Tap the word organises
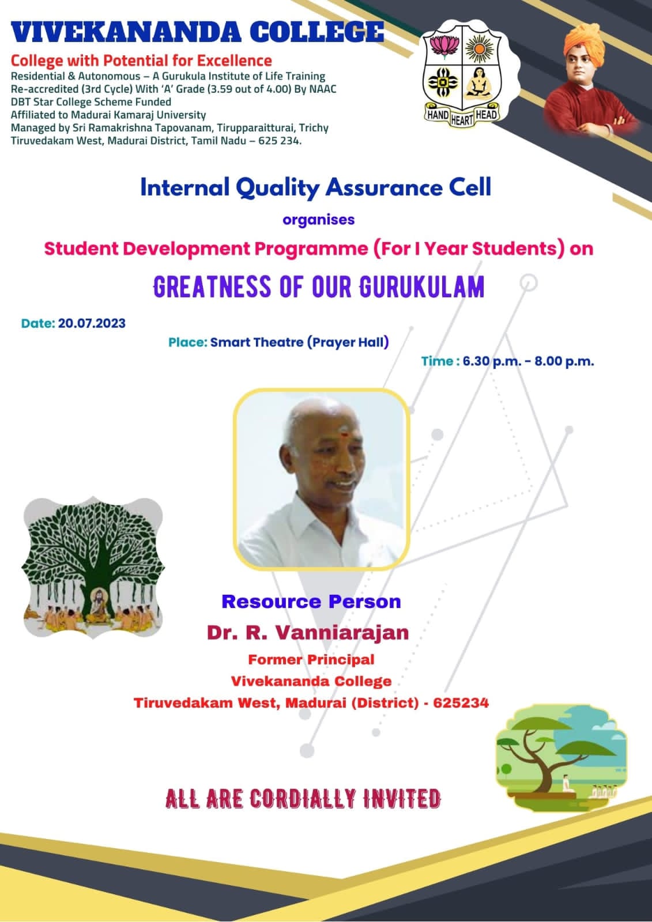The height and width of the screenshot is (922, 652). click(318, 220)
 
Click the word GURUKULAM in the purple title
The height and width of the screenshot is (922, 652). click(421, 287)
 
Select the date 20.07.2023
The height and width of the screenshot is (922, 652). click(92, 323)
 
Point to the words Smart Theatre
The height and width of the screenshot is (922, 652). click(257, 342)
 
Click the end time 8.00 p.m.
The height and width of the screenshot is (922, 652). click(564, 361)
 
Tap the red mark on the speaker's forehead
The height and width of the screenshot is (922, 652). click(342, 433)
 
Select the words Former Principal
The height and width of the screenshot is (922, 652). click(311, 660)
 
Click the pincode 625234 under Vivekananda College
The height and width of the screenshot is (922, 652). click(461, 702)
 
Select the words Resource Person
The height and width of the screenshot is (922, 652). click(311, 602)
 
